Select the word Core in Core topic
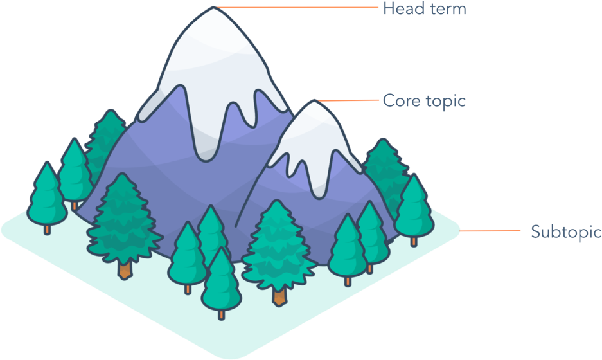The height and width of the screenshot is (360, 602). pos(399,101)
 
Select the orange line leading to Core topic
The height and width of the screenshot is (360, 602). pos(348,101)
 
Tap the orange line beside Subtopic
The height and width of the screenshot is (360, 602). pos(490,231)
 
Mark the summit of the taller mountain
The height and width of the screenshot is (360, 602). pos(213,7)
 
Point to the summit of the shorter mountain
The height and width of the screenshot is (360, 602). pos(315,101)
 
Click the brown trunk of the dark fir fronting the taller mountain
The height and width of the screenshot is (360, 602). pos(125,269)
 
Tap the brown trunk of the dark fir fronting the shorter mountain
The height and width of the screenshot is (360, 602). pos(279,296)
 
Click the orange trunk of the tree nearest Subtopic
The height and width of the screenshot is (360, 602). pos(414,241)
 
